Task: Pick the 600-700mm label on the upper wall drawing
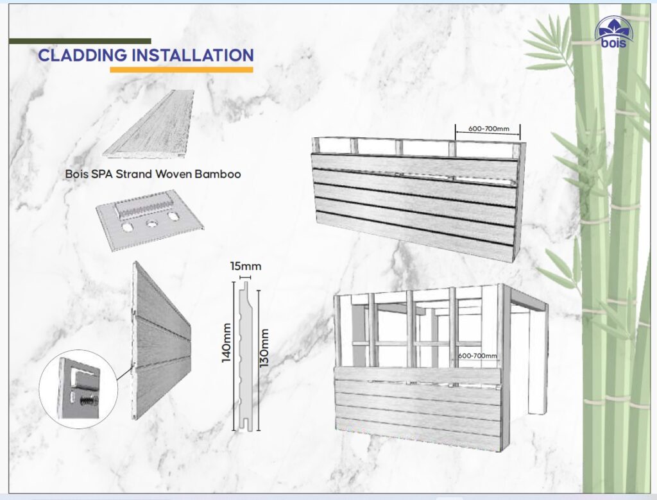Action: click(489, 129)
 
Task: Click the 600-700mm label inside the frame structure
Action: click(478, 356)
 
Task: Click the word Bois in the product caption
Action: click(78, 174)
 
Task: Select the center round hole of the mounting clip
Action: click(152, 224)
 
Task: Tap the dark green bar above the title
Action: click(80, 41)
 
